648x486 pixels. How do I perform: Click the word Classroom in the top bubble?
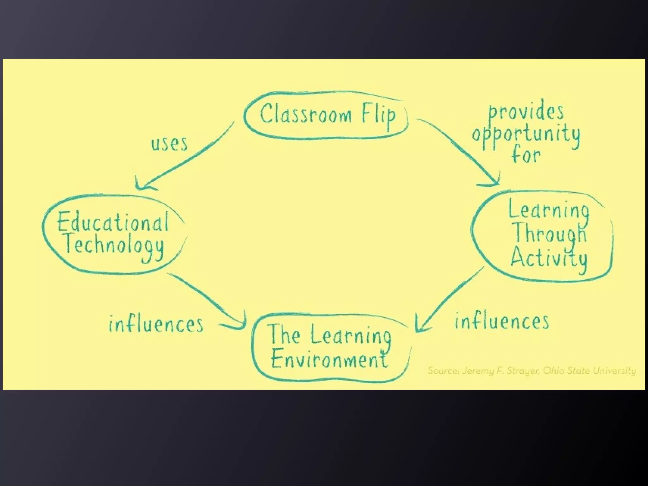tap(306, 114)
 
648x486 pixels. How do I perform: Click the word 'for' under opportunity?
tap(526, 155)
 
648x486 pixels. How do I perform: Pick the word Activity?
tap(549, 258)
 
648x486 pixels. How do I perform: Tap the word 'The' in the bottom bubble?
tap(283, 335)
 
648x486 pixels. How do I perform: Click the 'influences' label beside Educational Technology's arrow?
tap(156, 324)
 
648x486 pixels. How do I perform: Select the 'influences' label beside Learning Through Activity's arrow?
tap(502, 321)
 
